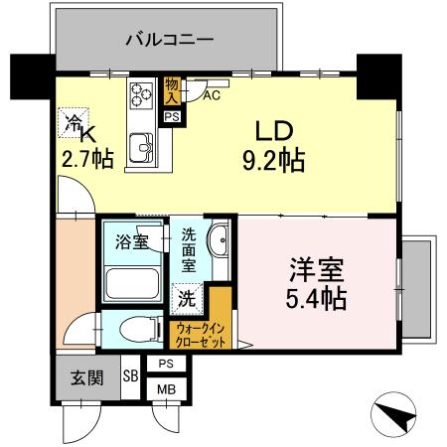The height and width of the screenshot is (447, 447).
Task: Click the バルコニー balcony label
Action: click(168, 42)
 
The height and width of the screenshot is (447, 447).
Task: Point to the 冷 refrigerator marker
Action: click(74, 122)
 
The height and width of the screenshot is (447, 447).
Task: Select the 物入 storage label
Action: click(172, 90)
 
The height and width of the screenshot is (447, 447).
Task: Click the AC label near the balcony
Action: click(211, 96)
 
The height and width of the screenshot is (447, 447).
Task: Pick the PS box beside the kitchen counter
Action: click(172, 116)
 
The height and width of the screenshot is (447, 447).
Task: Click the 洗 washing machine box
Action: click(187, 297)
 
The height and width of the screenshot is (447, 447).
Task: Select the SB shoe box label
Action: click(130, 375)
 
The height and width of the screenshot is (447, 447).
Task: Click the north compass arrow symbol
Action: click(394, 414)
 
